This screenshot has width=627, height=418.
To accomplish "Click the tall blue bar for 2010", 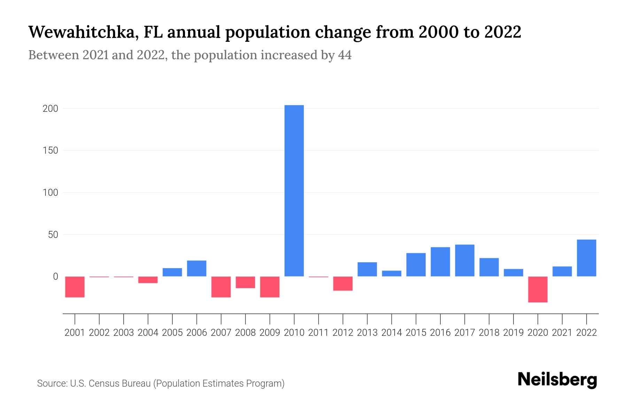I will [x=294, y=191].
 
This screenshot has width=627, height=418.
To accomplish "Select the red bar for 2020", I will [x=537, y=289].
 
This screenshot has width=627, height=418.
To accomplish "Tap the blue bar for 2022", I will [x=586, y=258].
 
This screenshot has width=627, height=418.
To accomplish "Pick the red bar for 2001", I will [x=75, y=287].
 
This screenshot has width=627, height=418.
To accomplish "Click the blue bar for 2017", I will [x=464, y=260].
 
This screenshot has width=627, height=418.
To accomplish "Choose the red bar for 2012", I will [x=343, y=283].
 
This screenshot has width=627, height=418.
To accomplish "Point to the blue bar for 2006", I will [x=196, y=268].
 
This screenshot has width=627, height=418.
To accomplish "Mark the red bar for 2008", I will [x=245, y=282].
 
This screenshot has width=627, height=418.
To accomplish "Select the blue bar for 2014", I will [x=392, y=273].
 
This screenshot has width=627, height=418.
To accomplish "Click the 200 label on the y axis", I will [x=50, y=109].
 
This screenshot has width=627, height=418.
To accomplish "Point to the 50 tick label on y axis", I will [x=53, y=234].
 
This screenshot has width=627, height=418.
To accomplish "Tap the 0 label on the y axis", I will [x=55, y=277].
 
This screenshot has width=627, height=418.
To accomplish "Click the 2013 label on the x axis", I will [x=367, y=333].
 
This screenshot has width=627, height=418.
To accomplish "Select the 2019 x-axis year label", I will [x=513, y=333].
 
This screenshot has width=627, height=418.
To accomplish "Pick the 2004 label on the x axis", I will [x=148, y=333].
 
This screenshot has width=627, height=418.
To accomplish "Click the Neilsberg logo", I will [x=557, y=380].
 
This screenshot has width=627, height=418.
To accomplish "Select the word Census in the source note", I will [x=103, y=384].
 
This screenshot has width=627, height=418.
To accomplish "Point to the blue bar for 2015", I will [x=416, y=264].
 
